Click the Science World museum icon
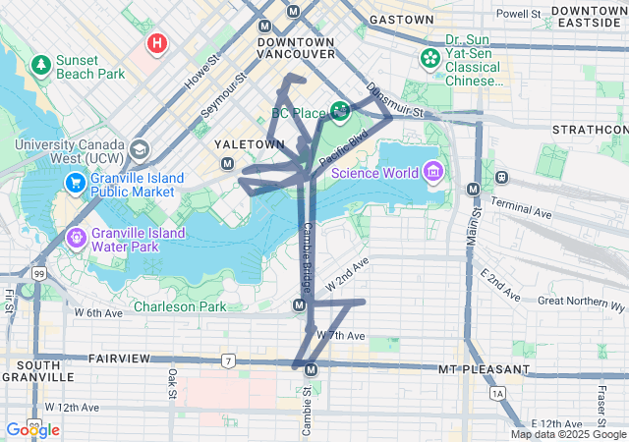(431, 173)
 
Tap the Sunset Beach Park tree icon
(41, 65)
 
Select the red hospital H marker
(156, 43)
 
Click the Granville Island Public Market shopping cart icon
(76, 183)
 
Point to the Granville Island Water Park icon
(76, 237)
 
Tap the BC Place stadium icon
(340, 111)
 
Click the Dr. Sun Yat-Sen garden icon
(430, 58)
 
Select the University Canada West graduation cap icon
(140, 150)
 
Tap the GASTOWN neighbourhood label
(401, 20)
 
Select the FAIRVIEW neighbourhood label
(117, 359)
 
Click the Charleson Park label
(180, 306)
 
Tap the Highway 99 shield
(38, 273)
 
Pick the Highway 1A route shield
(498, 393)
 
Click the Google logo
(32, 429)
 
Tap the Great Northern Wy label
(582, 301)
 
